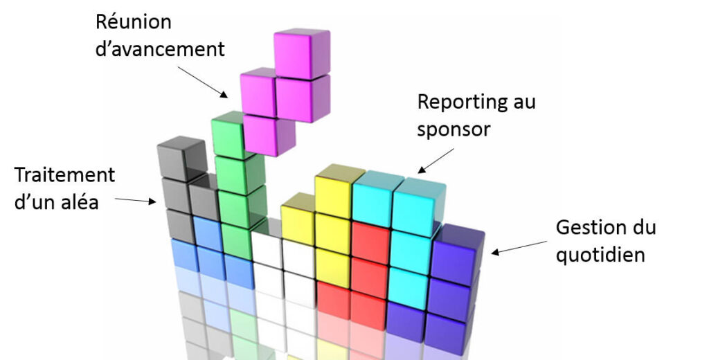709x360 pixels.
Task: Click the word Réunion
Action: coord(133,22)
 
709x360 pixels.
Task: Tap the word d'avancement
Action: coord(160,50)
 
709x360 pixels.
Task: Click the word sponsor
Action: coord(454,130)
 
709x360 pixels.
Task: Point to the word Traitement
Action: coord(64,174)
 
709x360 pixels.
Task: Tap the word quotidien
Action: coord(601,255)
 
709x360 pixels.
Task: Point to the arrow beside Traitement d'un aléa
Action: coord(136,201)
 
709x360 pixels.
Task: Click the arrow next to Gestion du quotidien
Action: coord(520,247)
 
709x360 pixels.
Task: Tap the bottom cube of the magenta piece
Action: coord(269,134)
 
